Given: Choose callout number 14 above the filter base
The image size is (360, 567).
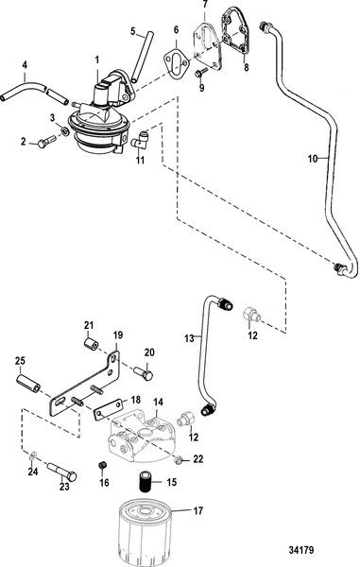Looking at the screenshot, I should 159,402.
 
